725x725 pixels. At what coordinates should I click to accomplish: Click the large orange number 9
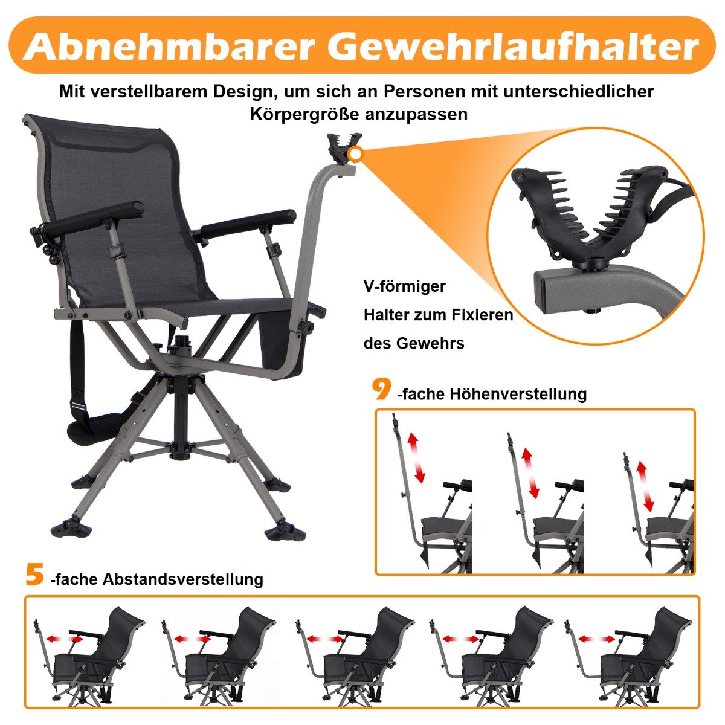382,390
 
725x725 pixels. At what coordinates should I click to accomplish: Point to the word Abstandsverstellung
183,579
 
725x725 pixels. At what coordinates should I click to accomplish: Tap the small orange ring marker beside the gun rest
355,153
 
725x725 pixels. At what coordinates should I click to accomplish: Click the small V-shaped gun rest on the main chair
341,148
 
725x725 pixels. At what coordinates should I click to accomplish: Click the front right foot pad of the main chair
285,534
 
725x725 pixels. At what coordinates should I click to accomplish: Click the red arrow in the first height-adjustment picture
417,457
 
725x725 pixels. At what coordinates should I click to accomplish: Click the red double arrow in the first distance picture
64,639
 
